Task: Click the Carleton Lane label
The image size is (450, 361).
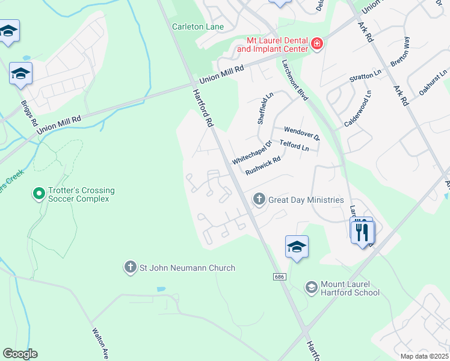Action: pyautogui.click(x=198, y=26)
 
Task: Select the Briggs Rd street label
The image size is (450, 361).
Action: pyautogui.click(x=29, y=110)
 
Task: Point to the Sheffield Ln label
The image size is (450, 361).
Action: pyautogui.click(x=265, y=108)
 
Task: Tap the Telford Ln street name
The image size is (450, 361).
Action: pyautogui.click(x=294, y=146)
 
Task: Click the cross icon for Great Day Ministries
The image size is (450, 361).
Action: pyautogui.click(x=259, y=199)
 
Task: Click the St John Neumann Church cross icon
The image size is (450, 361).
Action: pyautogui.click(x=130, y=267)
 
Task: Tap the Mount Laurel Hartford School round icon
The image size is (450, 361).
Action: pyautogui.click(x=311, y=288)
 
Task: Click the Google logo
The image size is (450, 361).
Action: pyautogui.click(x=20, y=354)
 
